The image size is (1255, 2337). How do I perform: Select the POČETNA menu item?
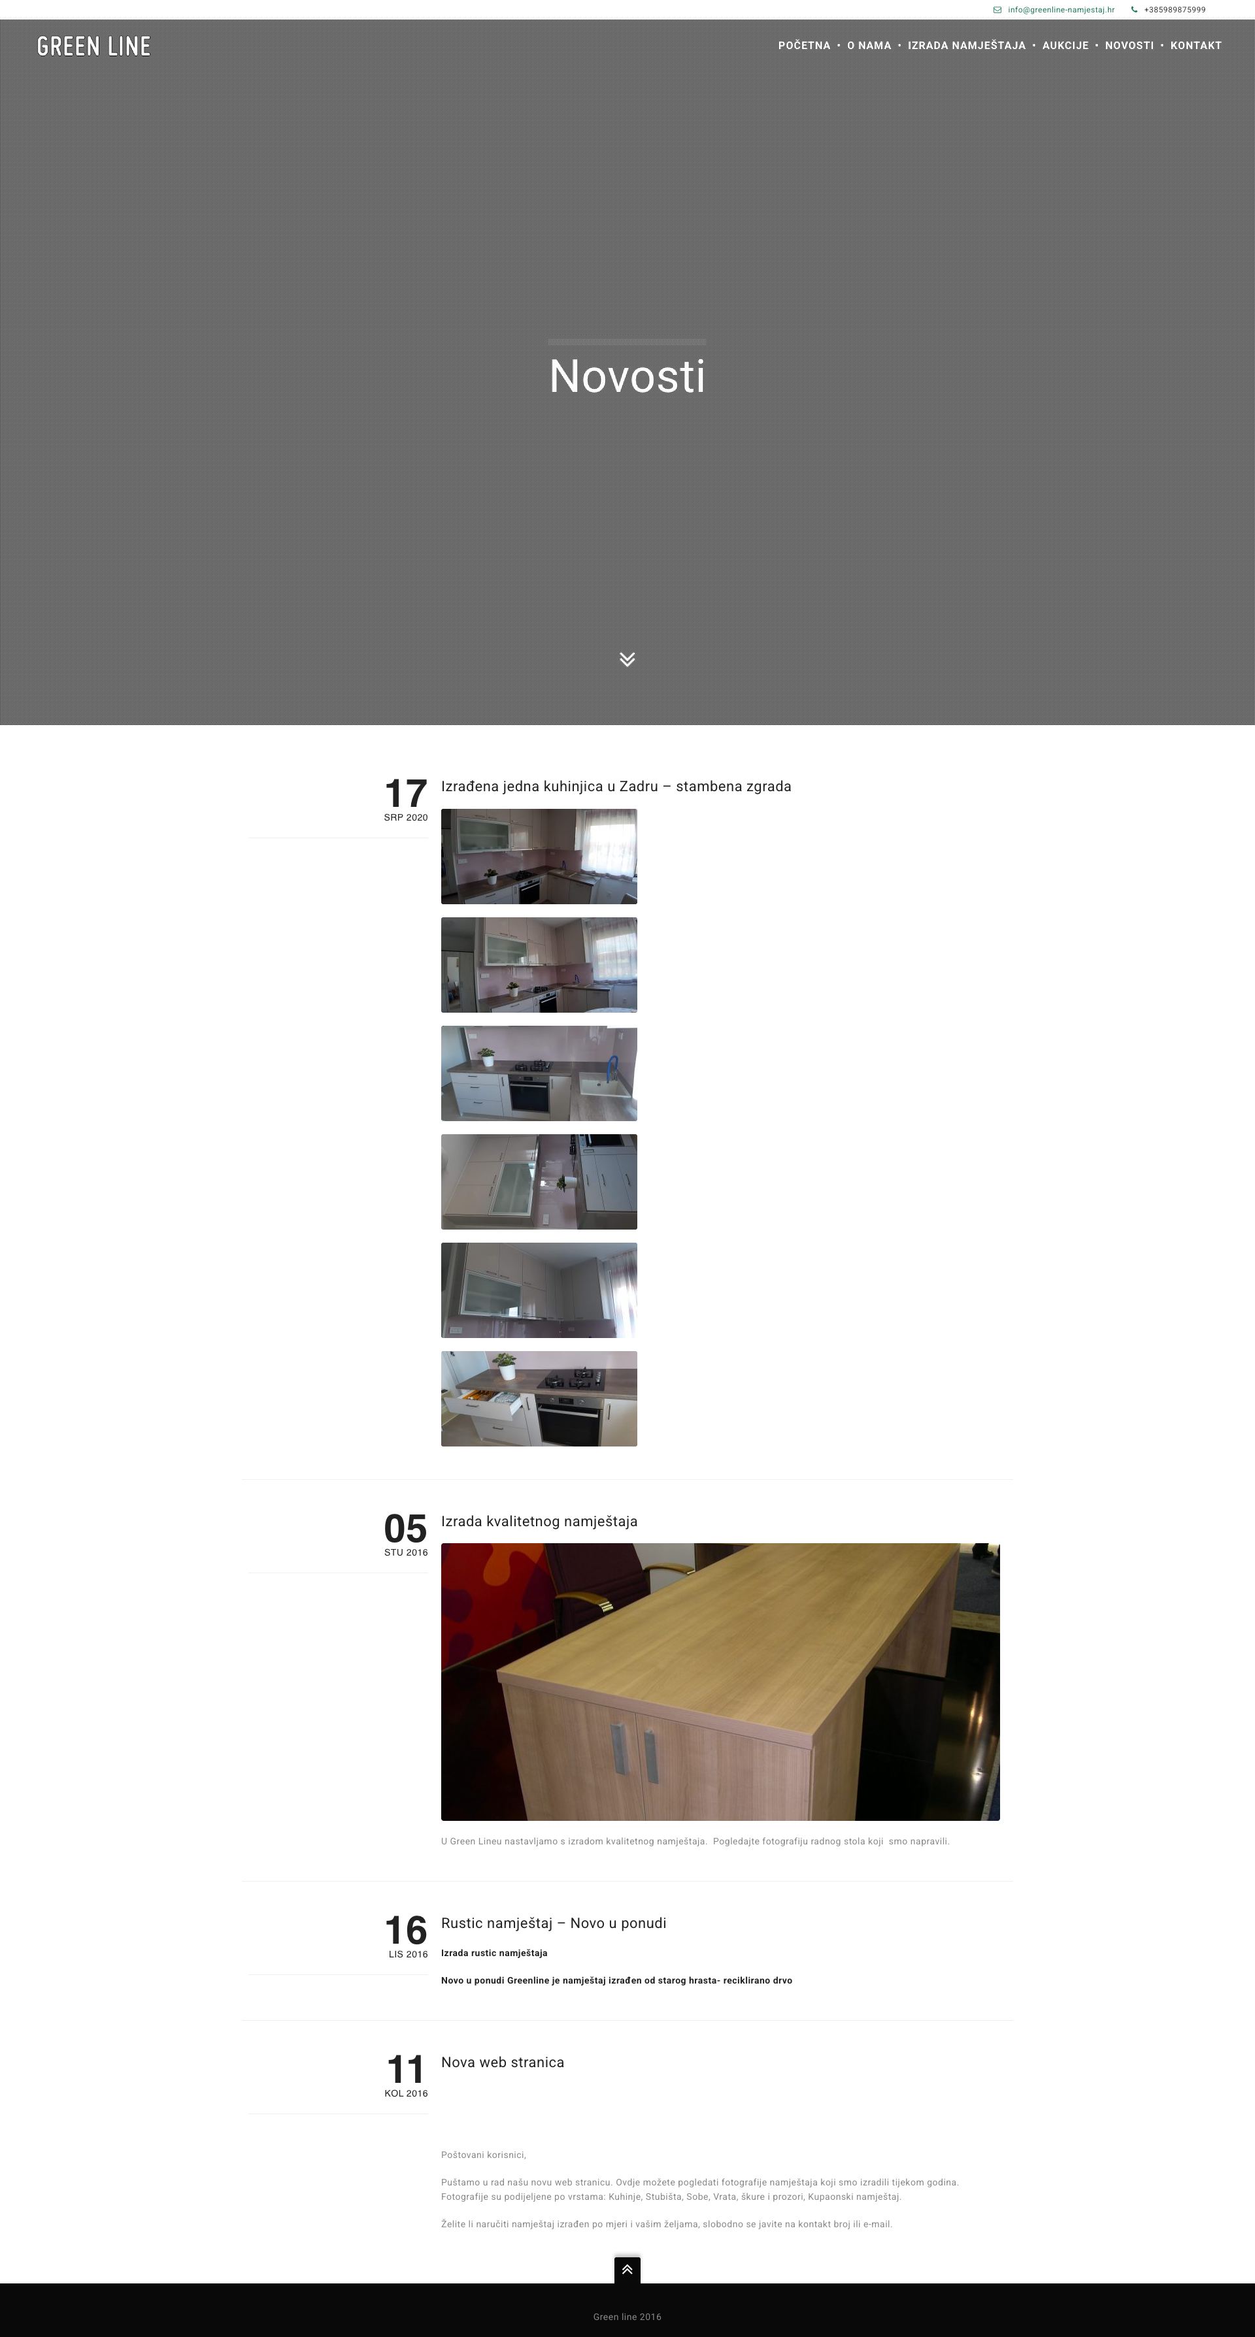[804, 45]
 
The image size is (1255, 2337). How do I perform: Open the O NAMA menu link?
[869, 45]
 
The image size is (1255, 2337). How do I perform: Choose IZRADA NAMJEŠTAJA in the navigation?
[967, 45]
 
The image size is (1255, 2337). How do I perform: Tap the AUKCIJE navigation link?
[1065, 45]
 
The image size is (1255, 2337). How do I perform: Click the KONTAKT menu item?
[1196, 45]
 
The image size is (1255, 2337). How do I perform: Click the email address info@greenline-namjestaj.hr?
[1061, 10]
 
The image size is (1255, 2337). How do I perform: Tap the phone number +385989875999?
[1175, 10]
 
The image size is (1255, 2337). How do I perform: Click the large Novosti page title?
[627, 376]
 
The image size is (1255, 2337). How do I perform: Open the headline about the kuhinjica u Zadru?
[616, 787]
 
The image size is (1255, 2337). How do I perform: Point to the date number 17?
[406, 794]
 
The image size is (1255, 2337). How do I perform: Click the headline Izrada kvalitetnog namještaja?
[539, 1522]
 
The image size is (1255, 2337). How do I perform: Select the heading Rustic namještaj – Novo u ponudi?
[554, 1923]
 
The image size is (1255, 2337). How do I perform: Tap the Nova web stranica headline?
[503, 2062]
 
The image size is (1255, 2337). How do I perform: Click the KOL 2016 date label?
[406, 2094]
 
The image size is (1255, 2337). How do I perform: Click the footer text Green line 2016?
[627, 2316]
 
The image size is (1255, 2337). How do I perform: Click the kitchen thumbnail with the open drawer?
[539, 1398]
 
